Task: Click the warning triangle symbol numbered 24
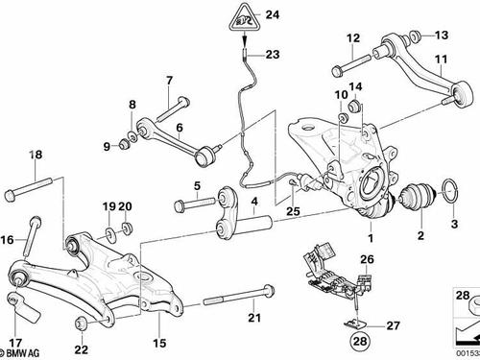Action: click(245, 19)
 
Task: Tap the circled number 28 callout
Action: click(360, 341)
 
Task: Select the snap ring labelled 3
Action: click(450, 191)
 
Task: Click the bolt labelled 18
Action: click(29, 189)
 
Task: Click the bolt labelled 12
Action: click(352, 64)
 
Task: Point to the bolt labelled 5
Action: click(195, 204)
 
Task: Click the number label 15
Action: click(159, 343)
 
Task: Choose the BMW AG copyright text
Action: click(20, 353)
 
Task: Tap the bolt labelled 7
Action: click(174, 108)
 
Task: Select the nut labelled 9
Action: click(124, 145)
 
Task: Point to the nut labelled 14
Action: click(354, 106)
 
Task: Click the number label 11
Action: click(441, 60)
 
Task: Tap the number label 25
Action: click(293, 211)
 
